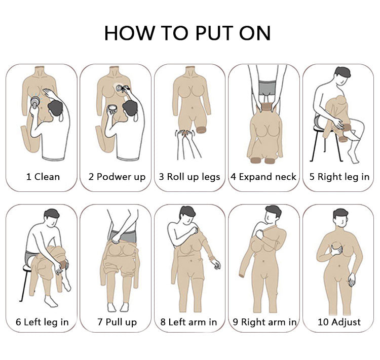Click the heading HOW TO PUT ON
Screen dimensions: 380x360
point(187,33)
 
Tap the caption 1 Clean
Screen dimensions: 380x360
point(43,177)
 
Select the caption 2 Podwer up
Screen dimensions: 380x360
point(117,177)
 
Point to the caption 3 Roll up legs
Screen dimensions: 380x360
point(189,177)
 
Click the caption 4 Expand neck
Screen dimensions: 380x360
point(263,177)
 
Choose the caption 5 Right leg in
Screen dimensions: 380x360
point(339,177)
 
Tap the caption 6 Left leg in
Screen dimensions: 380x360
point(42,322)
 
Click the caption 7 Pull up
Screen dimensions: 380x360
point(117,322)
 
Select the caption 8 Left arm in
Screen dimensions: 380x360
point(188,322)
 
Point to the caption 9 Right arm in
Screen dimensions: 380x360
point(264,322)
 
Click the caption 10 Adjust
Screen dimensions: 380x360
point(339,322)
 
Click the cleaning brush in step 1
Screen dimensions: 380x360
point(35,101)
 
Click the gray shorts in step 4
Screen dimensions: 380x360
point(267,88)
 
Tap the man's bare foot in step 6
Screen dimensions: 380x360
point(51,301)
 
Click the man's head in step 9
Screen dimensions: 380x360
point(273,214)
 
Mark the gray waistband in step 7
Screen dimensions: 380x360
point(123,236)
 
